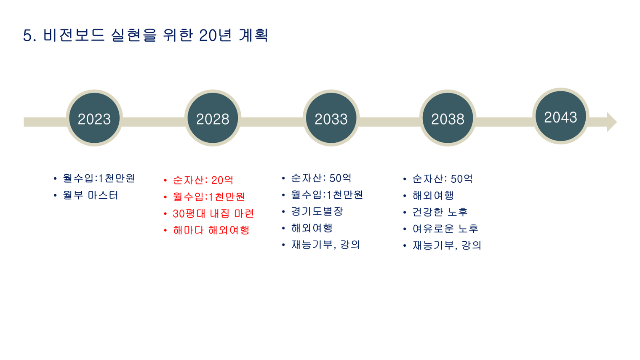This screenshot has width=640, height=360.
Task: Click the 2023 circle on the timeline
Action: tap(94, 118)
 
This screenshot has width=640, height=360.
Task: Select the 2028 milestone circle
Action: tap(213, 118)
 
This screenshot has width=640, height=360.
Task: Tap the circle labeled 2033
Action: tap(331, 118)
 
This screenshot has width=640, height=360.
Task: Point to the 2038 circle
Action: tap(448, 118)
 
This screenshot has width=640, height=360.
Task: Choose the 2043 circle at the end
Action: tap(560, 116)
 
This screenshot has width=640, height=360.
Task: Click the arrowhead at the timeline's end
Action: tap(611, 122)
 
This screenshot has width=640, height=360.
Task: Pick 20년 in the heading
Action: tap(215, 35)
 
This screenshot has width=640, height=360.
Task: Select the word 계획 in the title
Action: tap(253, 35)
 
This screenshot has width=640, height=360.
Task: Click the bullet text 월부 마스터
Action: tap(90, 195)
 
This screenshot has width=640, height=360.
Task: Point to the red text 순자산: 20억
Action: tap(203, 180)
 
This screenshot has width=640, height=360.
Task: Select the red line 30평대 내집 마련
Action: tap(213, 213)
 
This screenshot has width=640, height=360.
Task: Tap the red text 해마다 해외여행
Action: tap(211, 230)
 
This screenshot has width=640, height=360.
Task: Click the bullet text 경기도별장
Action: tap(317, 211)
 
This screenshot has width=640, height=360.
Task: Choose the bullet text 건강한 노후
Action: tap(440, 212)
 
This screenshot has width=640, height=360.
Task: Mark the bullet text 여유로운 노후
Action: tap(445, 229)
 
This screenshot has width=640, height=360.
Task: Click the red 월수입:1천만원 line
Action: tap(209, 197)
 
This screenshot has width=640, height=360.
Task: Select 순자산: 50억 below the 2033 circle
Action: tap(321, 178)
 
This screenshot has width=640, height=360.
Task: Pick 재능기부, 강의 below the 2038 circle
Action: tap(447, 245)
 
